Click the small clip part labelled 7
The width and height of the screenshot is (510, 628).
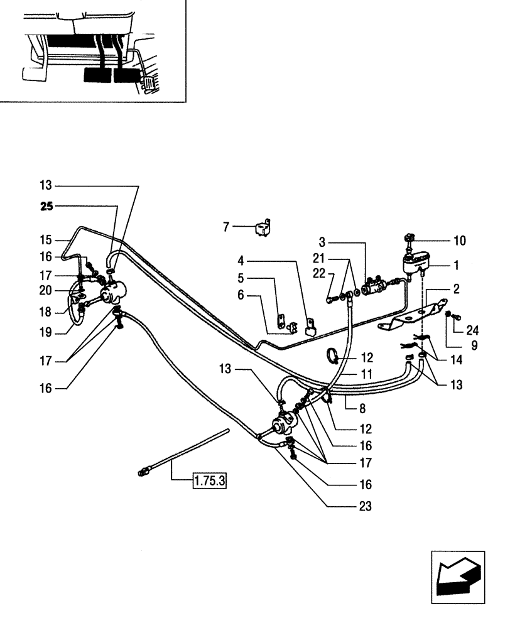point(262,227)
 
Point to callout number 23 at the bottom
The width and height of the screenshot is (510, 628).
point(362,504)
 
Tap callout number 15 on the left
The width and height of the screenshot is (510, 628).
point(46,240)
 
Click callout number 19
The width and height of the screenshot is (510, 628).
point(46,332)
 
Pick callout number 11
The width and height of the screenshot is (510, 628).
point(366,373)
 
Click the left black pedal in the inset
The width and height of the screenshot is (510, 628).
point(97,75)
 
